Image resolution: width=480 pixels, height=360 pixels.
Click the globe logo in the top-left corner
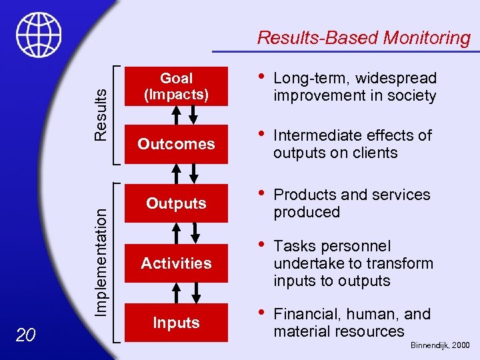39,34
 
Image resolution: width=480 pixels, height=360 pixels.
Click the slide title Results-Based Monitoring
363,38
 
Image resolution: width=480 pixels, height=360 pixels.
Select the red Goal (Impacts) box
176,87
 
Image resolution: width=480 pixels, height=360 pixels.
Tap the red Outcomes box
176,144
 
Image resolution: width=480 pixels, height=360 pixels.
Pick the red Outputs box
176,203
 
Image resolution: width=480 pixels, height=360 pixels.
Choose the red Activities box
176,263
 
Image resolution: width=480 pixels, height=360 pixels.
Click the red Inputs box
176,323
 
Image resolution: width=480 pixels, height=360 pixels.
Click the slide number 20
25,335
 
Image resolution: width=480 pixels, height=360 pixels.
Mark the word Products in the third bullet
305,195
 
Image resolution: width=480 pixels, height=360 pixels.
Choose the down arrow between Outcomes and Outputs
194,173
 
